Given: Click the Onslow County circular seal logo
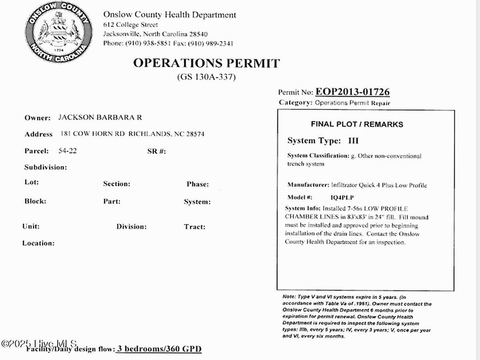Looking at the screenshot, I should click(59, 32).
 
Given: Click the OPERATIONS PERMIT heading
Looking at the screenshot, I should click(206, 63).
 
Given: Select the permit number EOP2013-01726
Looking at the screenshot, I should click(352, 92).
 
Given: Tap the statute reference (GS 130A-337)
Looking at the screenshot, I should click(206, 77).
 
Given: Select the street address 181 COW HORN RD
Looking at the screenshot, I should click(93, 134).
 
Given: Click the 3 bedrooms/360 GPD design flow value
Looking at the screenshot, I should click(159, 349).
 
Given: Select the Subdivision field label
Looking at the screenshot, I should click(45, 167).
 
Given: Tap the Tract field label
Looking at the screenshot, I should click(195, 227).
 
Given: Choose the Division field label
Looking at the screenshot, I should click(132, 227).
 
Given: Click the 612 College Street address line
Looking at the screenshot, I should click(131, 24).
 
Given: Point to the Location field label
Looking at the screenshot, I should click(38, 243).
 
